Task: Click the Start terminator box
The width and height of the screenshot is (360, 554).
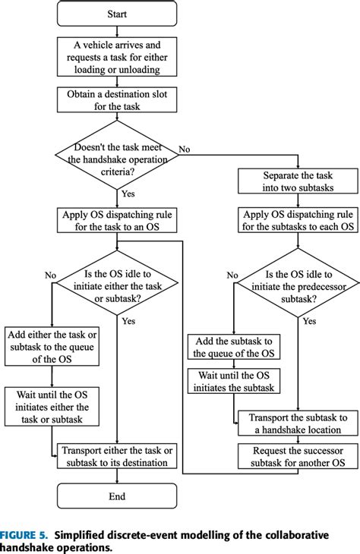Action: coord(116,13)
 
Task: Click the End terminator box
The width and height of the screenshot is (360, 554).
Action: coord(116,497)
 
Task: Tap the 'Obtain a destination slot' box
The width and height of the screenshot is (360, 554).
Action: coord(116,100)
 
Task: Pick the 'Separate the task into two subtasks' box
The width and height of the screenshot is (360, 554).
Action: coord(297,181)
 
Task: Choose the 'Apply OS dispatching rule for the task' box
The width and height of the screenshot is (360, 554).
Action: coord(116,220)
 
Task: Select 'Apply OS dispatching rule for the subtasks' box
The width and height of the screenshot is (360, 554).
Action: coord(297,220)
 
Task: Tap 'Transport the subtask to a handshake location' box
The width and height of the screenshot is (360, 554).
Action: coord(297,423)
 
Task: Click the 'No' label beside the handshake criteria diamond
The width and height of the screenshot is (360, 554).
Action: coord(184,150)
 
